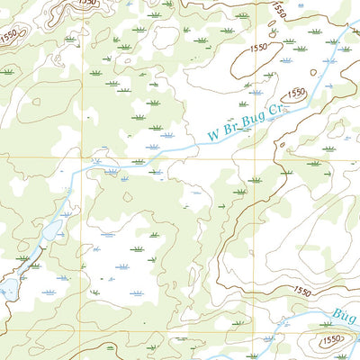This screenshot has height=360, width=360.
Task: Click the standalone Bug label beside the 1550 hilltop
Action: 346,315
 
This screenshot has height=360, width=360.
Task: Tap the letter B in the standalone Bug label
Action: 337,312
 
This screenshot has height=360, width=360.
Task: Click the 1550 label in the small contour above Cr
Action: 296,93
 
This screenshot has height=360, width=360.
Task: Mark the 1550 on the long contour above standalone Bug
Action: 301,292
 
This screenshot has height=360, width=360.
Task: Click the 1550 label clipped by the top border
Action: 87,3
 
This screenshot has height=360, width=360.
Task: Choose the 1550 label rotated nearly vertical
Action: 278,10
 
